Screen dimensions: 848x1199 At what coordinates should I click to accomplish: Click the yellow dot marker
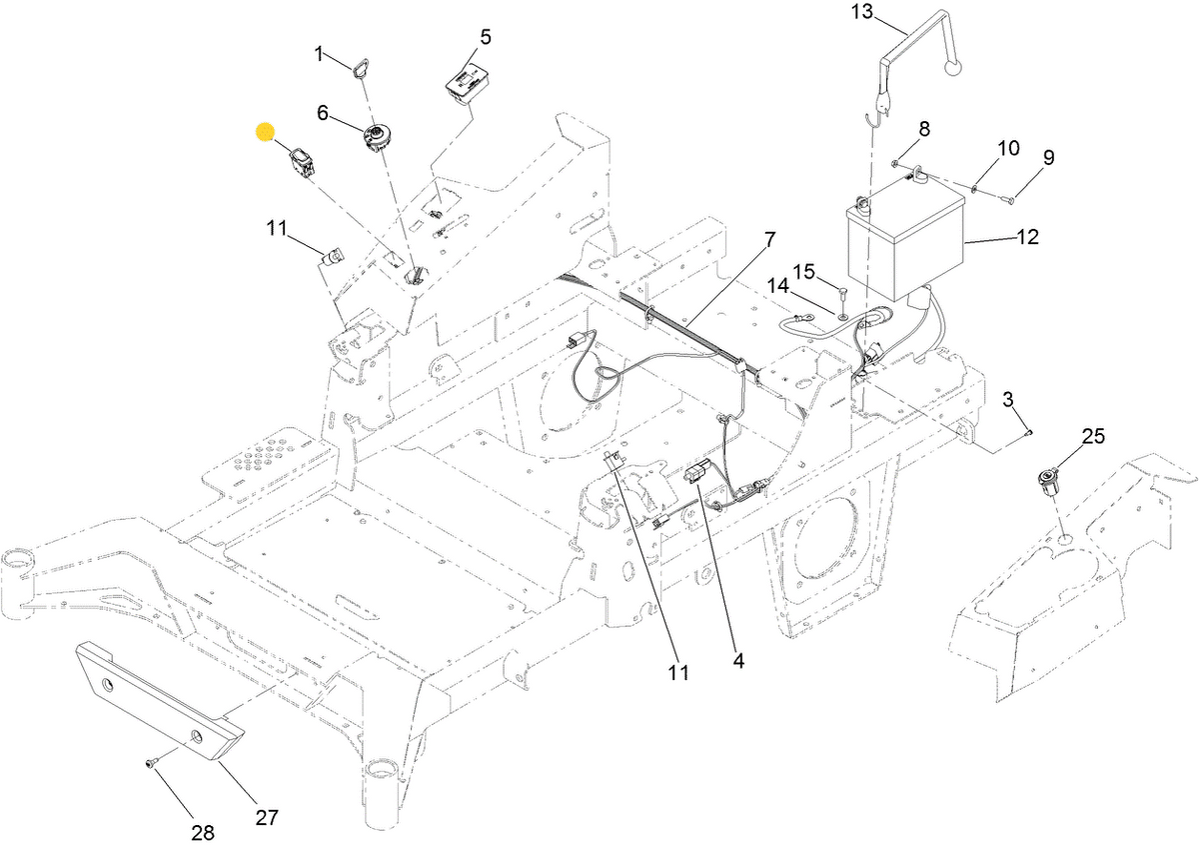[265, 132]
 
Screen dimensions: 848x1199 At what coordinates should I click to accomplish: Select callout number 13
[862, 12]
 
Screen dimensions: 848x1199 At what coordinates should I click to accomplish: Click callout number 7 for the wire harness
[769, 240]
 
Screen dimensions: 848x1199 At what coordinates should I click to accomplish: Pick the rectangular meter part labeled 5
[465, 83]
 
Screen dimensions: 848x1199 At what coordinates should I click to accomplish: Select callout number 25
[1094, 436]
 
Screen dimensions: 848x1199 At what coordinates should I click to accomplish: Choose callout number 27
[265, 817]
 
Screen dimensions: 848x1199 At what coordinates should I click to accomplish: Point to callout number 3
[1009, 399]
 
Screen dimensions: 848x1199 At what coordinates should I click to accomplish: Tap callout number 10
[1008, 149]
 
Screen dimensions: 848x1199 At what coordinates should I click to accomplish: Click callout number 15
[804, 271]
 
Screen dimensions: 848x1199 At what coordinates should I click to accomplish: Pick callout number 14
[778, 287]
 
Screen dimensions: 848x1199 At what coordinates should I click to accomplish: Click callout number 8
[924, 128]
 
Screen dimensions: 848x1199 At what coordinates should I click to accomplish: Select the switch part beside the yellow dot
[303, 161]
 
